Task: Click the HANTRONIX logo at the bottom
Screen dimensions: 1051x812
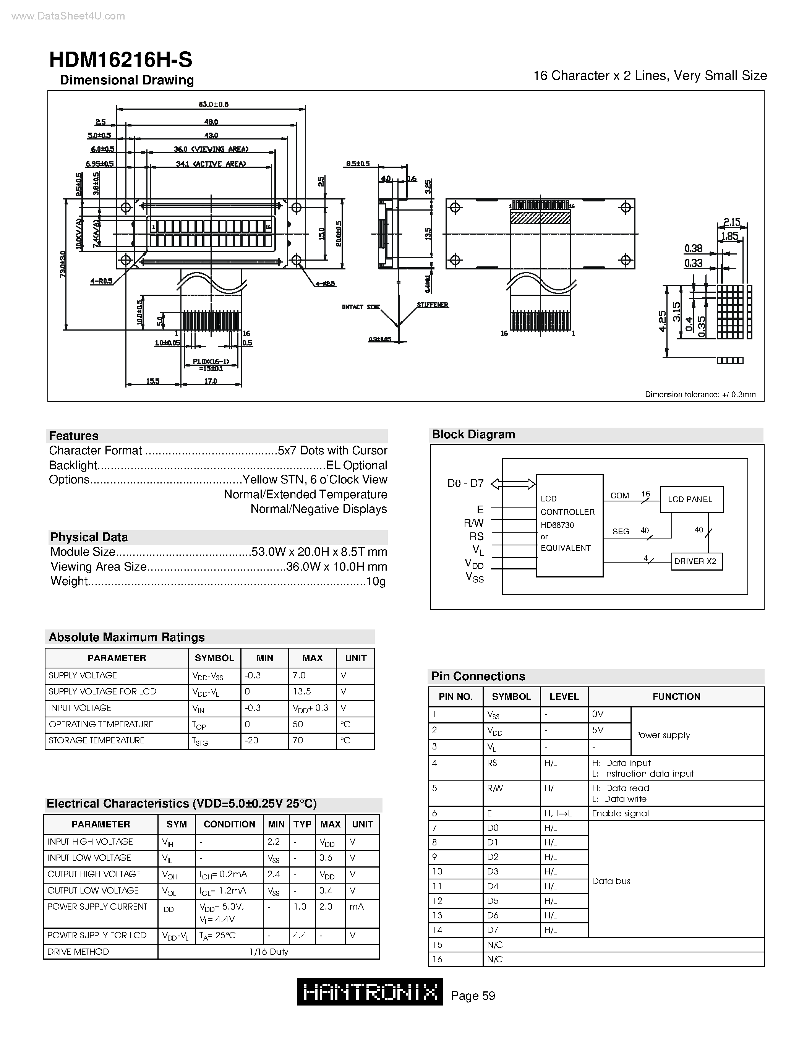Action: [x=370, y=992]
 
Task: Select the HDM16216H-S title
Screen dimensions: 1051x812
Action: [x=121, y=60]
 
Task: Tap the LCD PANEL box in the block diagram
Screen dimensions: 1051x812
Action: [x=691, y=500]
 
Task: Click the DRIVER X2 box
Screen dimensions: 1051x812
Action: [x=697, y=561]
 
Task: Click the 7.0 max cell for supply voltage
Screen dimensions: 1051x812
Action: [x=299, y=675]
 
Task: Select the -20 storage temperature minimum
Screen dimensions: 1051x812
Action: [x=251, y=740]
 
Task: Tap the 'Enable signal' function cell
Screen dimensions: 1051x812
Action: [x=620, y=813]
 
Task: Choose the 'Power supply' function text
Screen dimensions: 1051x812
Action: [x=662, y=735]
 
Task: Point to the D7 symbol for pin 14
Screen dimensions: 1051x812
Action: [x=493, y=930]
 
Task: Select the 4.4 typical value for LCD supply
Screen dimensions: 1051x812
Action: [x=300, y=935]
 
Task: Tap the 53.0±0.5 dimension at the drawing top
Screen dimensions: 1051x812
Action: [x=214, y=104]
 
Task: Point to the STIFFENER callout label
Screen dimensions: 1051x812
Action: [x=433, y=305]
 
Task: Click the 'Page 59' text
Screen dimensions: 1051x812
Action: [x=473, y=996]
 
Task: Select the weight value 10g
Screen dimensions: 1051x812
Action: [x=376, y=581]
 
